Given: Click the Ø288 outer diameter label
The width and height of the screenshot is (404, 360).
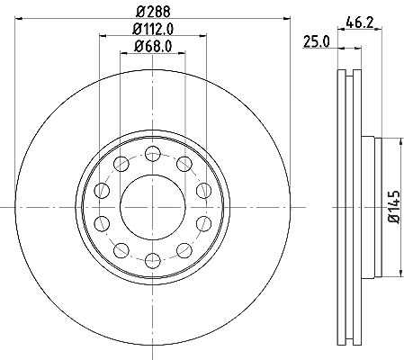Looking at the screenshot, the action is click(x=153, y=13).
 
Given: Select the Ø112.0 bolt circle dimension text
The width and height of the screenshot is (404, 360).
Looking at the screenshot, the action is click(x=153, y=30).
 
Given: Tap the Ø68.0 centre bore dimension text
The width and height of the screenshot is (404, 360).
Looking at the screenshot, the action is click(x=153, y=47).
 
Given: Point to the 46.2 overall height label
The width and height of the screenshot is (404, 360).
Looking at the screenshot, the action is click(x=359, y=22).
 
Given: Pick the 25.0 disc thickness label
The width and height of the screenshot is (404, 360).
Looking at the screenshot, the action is click(x=317, y=41).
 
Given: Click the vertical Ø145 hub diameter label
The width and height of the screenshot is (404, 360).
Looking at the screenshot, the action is click(x=394, y=207).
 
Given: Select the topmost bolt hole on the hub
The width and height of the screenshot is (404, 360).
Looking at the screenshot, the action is click(x=153, y=154).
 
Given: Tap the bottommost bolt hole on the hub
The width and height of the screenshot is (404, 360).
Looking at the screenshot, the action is click(x=153, y=260).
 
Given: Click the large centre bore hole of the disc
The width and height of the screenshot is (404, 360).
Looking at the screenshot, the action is click(x=153, y=207).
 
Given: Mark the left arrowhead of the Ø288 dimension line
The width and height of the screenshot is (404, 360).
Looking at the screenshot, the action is click(x=19, y=19).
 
